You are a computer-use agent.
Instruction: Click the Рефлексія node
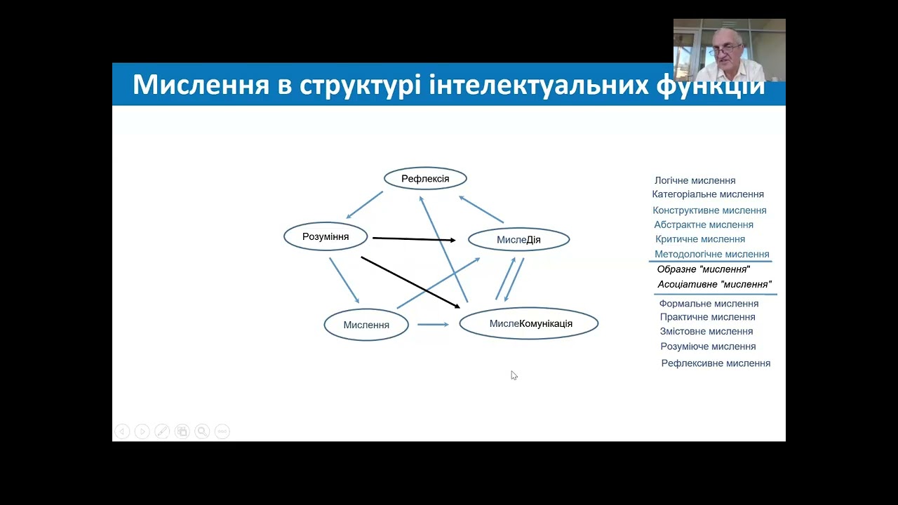[x=425, y=179]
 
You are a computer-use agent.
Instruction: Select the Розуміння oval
[x=326, y=236]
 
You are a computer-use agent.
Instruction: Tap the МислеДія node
[x=518, y=240]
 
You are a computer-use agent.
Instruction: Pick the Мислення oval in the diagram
[x=366, y=325]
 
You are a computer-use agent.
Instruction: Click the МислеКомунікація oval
[x=529, y=323]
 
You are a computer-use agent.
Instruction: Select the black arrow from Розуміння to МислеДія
[x=414, y=239]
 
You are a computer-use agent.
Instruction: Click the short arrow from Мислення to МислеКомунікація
[x=432, y=324]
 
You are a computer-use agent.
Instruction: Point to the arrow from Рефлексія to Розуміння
[x=364, y=205]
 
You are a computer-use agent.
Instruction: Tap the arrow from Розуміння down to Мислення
[x=344, y=280]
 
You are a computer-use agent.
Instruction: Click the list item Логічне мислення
[x=695, y=180]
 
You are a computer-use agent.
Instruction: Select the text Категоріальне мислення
[x=708, y=194]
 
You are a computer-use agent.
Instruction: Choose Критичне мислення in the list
[x=699, y=239]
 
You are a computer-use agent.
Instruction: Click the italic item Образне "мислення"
[x=703, y=269]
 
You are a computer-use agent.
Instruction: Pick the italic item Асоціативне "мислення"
[x=714, y=284]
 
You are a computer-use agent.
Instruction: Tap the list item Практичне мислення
[x=707, y=317]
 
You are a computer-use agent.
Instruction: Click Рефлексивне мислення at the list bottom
[x=716, y=363]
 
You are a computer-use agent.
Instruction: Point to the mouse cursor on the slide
[x=514, y=375]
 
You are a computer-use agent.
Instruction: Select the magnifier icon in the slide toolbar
[x=202, y=431]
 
